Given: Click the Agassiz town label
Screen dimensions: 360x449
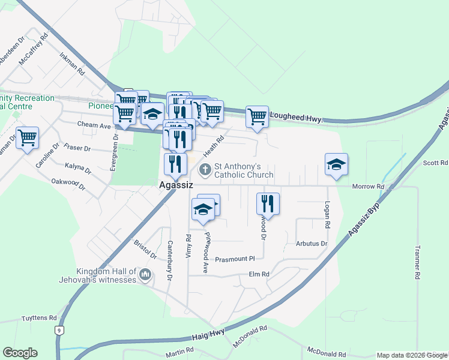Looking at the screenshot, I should [x=176, y=185].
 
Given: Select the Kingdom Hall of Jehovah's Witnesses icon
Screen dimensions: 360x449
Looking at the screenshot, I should [x=145, y=275].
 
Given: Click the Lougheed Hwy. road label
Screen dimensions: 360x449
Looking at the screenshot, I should [x=296, y=118].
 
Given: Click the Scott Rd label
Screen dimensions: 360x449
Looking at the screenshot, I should [x=435, y=163].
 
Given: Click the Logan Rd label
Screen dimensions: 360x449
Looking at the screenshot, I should [x=328, y=215].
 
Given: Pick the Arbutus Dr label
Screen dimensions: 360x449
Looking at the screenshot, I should [x=311, y=244].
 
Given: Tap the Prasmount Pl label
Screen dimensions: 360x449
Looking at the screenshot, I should [x=235, y=259].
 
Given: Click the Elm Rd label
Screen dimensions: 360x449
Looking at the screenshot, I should [x=259, y=274].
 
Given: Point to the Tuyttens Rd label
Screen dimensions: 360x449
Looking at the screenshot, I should [x=39, y=318].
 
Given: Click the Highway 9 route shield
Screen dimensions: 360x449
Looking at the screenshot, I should [x=58, y=330].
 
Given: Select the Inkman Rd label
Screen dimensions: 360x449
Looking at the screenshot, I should [x=72, y=62].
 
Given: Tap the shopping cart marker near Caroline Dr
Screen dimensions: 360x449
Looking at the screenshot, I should [x=27, y=139].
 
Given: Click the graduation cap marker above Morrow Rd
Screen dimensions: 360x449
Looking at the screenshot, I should [x=336, y=165].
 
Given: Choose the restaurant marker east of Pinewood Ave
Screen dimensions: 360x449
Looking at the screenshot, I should [x=268, y=203].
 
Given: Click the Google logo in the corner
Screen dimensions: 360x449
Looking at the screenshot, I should [x=20, y=353].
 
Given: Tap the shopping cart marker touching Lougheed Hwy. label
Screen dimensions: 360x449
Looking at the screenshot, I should [x=257, y=116].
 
